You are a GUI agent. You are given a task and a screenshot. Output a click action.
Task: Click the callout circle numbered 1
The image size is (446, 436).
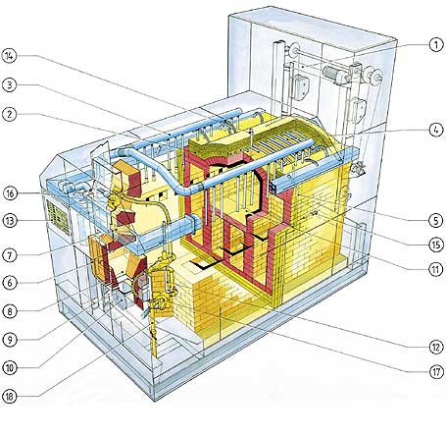pyautogui.click(x=436, y=44)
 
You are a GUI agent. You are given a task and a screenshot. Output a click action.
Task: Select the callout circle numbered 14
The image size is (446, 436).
pyautogui.click(x=9, y=56)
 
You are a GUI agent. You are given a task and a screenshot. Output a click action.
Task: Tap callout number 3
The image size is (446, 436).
pyautogui.click(x=9, y=85)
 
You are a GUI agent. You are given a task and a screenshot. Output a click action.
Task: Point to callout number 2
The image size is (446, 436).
pyautogui.click(x=9, y=114)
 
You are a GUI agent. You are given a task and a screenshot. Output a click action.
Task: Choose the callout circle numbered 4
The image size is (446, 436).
pyautogui.click(x=436, y=130)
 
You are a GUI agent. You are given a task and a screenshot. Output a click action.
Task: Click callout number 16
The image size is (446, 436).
pyautogui.click(x=10, y=193)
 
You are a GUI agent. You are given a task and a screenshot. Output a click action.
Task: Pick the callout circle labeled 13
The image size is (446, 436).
pyautogui.click(x=10, y=221)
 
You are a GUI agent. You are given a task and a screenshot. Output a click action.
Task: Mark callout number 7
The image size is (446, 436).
pyautogui.click(x=10, y=255)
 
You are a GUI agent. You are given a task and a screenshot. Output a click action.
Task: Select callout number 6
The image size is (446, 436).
pyautogui.click(x=10, y=283)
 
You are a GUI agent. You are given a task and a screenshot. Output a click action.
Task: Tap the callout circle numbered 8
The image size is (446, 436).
pyautogui.click(x=10, y=311)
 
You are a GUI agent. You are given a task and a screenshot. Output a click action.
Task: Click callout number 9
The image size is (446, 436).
pyautogui.click(x=10, y=340)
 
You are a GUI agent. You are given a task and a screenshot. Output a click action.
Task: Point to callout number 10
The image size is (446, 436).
pyautogui.click(x=10, y=368)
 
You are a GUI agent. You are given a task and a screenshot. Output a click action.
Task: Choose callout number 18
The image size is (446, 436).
pyautogui.click(x=10, y=397)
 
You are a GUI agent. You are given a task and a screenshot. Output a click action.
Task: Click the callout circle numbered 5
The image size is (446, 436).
pyautogui.click(x=436, y=220)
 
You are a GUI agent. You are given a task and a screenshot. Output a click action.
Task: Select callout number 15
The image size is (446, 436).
pyautogui.click(x=436, y=245)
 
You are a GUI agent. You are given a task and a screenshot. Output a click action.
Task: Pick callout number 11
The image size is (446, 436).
pyautogui.click(x=436, y=269)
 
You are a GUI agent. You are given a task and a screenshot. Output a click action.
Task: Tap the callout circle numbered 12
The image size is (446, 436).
pyautogui.click(x=436, y=347)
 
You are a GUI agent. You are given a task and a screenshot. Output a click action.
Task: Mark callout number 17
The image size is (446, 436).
pyautogui.click(x=436, y=372)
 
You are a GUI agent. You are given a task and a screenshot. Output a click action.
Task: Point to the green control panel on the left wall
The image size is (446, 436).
pyautogui.click(x=58, y=217)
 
